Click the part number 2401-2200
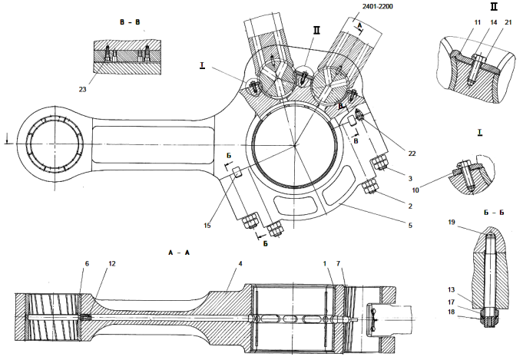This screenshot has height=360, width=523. pyautogui.click(x=371, y=8)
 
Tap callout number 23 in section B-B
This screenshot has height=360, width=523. pyautogui.click(x=82, y=90)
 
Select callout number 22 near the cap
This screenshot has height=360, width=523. pyautogui.click(x=412, y=154)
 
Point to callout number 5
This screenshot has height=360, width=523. pyautogui.click(x=412, y=225)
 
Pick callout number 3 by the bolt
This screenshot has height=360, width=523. pyautogui.click(x=412, y=177)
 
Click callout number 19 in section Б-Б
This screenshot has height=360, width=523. pyautogui.click(x=453, y=223)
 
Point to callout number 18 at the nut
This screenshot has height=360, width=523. pyautogui.click(x=453, y=312)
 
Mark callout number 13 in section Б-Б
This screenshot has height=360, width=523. pyautogui.click(x=453, y=289)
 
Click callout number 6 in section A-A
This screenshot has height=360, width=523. pyautogui.click(x=87, y=263)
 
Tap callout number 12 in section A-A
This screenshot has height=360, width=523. pyautogui.click(x=112, y=263)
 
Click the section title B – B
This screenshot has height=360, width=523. pyautogui.click(x=129, y=23)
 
